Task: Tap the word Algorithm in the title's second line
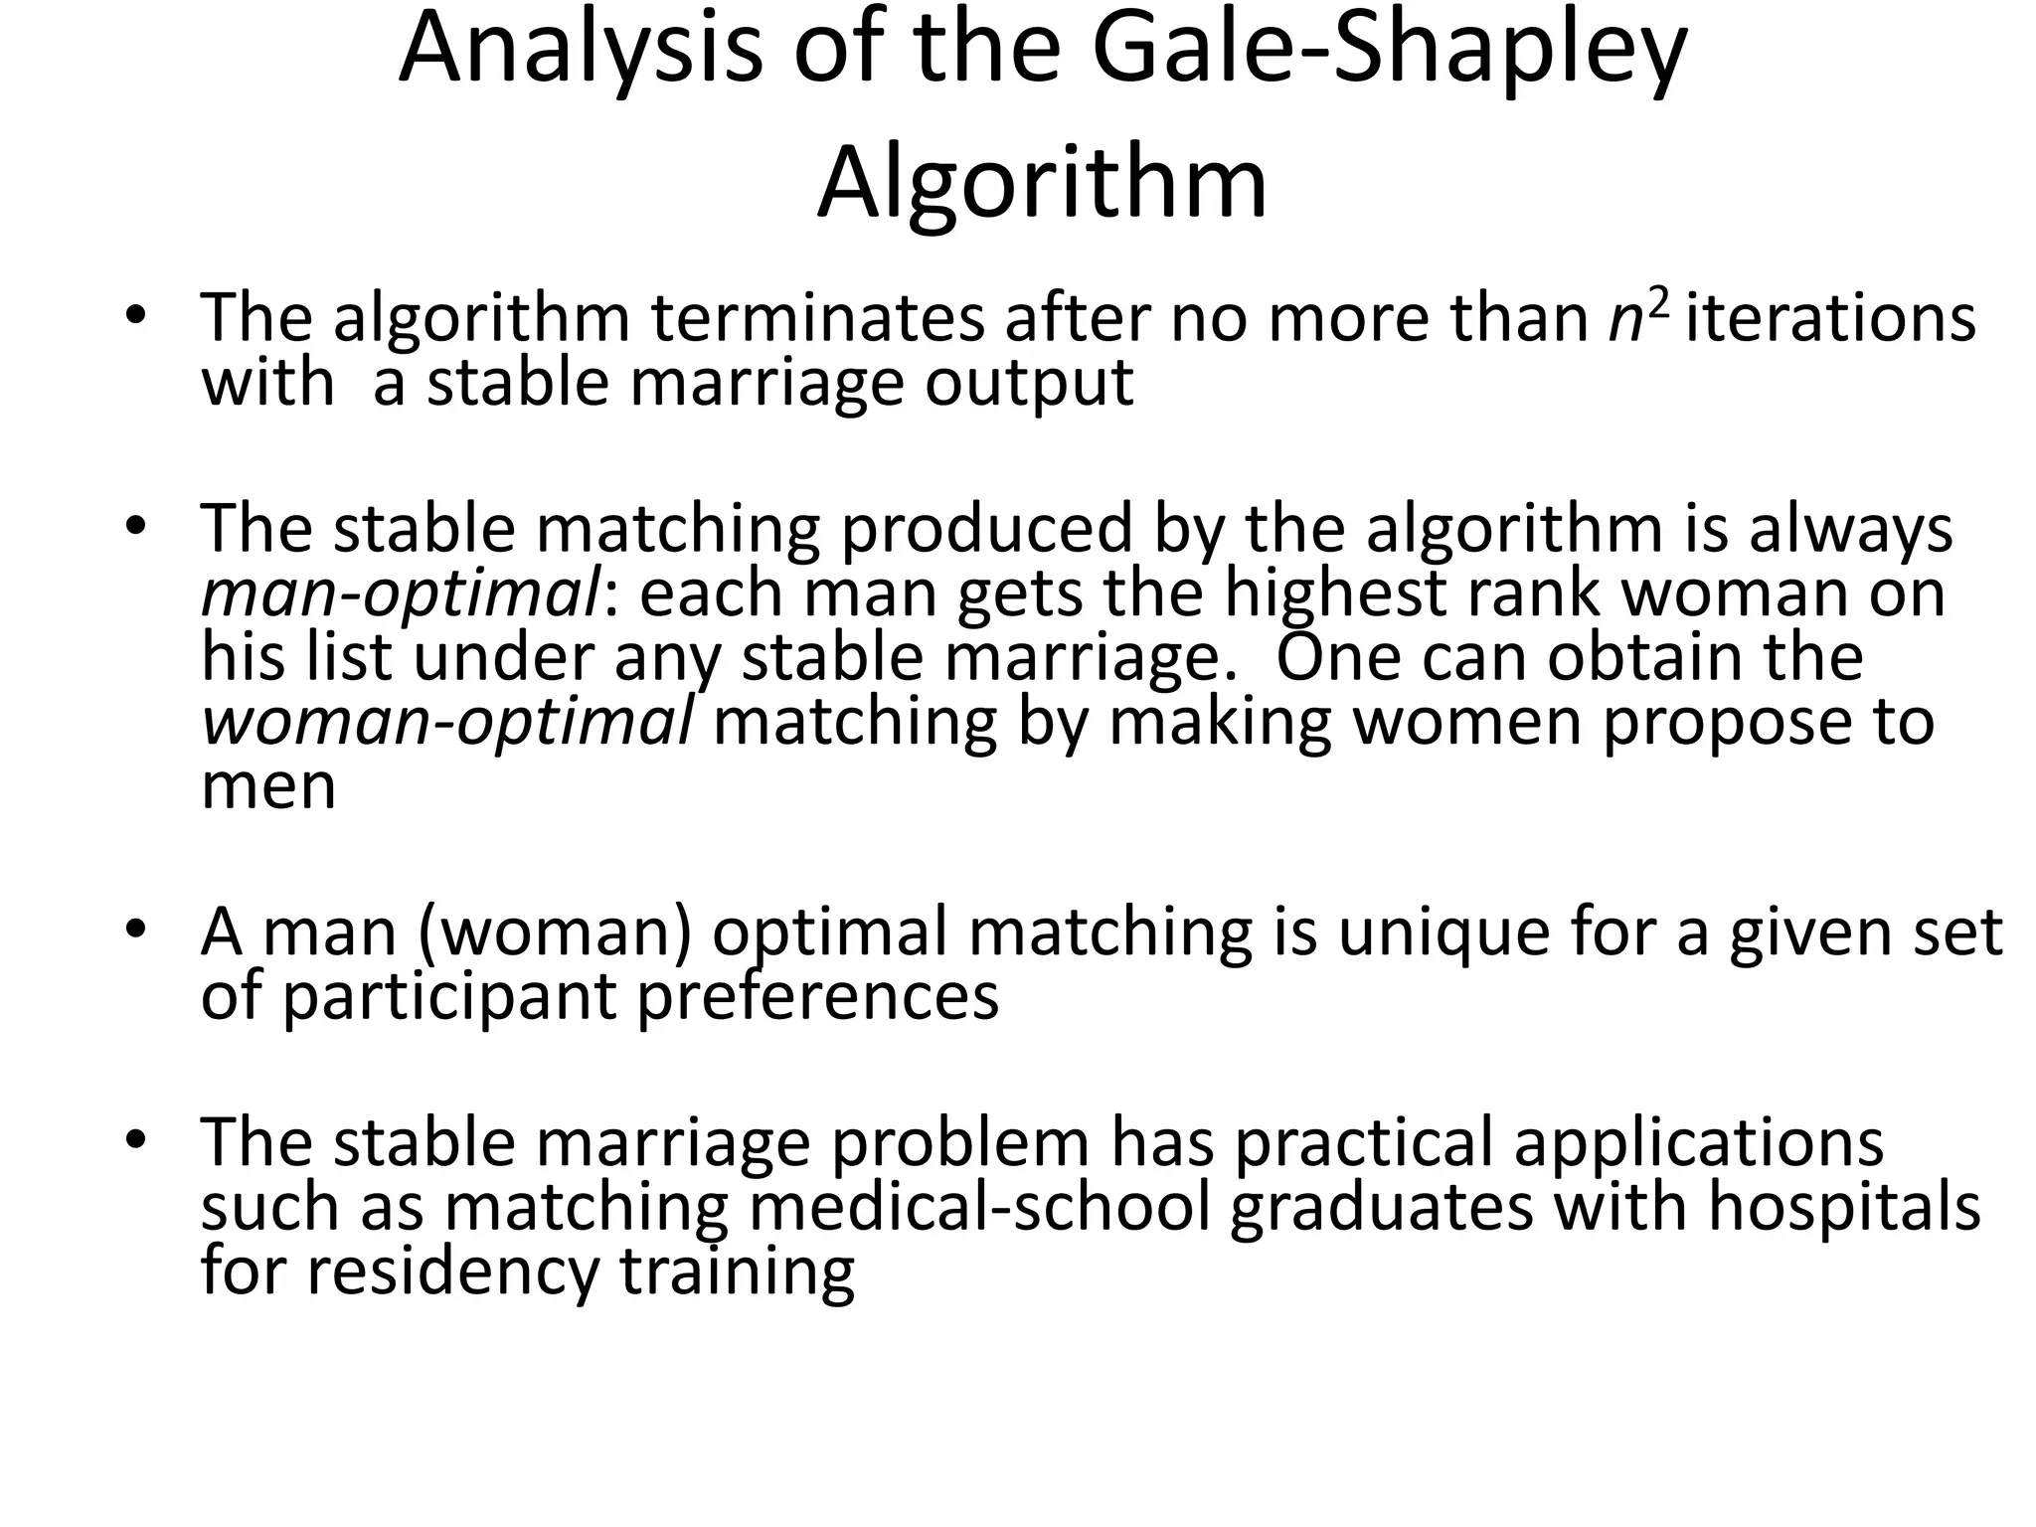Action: pyautogui.click(x=1042, y=184)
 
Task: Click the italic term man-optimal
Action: pyautogui.click(x=400, y=594)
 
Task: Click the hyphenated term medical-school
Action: pyautogui.click(x=979, y=1207)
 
